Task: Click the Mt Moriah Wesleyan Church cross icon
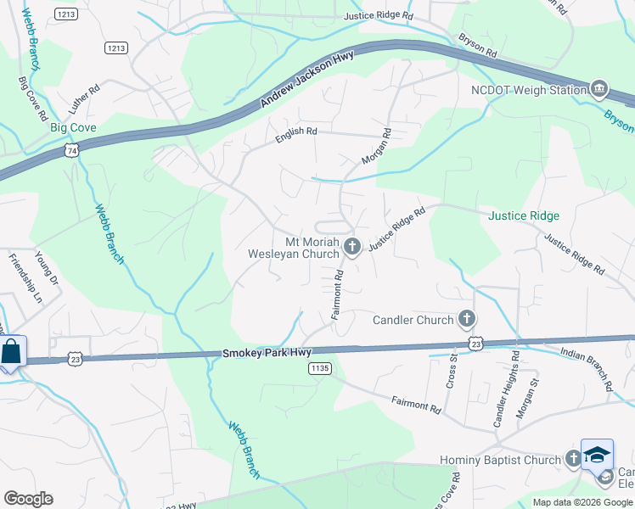(x=353, y=247)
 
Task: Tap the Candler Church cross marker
(x=465, y=320)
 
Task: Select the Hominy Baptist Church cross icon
(x=573, y=460)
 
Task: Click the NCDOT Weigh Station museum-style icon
(x=600, y=89)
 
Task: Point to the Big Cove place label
(x=73, y=127)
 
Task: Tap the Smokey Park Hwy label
(x=267, y=352)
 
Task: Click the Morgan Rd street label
(x=376, y=146)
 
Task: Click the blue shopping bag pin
(x=12, y=351)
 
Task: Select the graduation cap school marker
(x=597, y=454)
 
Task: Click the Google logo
(x=28, y=499)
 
